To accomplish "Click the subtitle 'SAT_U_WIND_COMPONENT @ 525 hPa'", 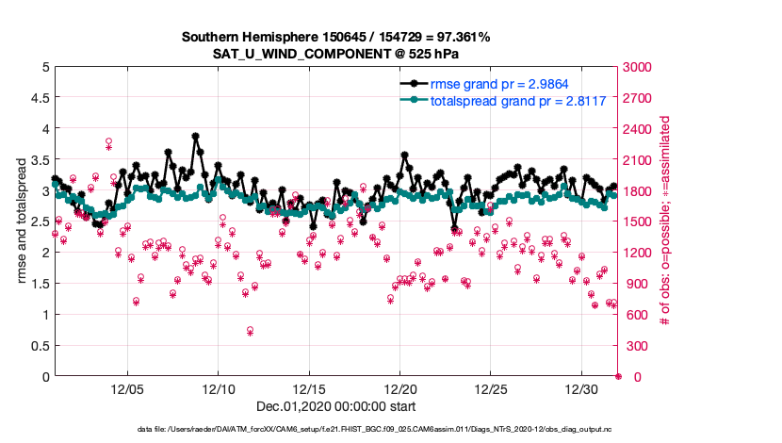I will pos(335,54).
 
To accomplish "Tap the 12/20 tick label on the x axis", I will pos(400,389).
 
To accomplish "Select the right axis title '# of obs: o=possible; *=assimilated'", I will pos(665,221).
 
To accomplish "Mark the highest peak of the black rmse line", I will pos(195,137).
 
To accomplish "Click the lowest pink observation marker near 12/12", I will pos(250,331).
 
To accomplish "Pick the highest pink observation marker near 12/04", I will pos(109,142).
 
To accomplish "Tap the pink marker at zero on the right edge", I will pos(619,376).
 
